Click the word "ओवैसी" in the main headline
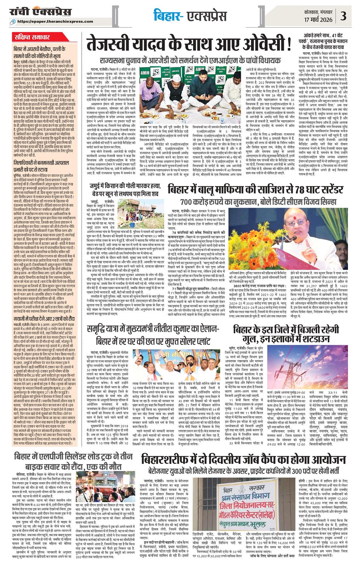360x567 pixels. [x=261, y=45]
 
